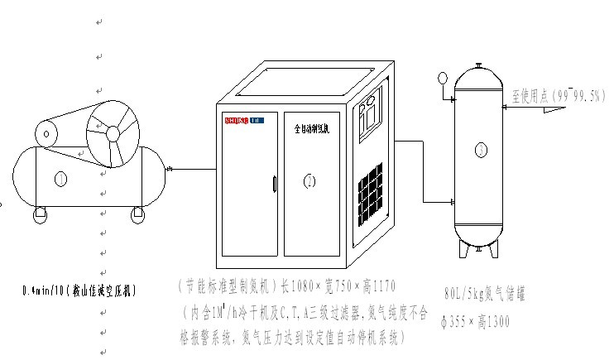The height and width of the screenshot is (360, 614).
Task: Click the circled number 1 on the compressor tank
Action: pos(60,179)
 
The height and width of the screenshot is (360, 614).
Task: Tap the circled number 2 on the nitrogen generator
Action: pos(309,181)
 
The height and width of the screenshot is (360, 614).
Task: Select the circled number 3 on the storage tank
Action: pos(480,150)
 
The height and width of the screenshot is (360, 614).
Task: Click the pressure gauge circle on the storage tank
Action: pos(443,79)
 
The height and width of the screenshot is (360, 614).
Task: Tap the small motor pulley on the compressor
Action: pos(46,132)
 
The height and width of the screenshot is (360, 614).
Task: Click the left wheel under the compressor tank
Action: pos(40,216)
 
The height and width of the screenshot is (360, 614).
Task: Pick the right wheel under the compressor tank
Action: pos(137,216)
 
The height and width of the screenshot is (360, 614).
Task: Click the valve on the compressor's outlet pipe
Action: pos(169,170)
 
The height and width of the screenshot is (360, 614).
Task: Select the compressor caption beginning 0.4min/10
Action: pos(79,290)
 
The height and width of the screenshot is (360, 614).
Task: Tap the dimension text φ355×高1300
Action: pos(477,320)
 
